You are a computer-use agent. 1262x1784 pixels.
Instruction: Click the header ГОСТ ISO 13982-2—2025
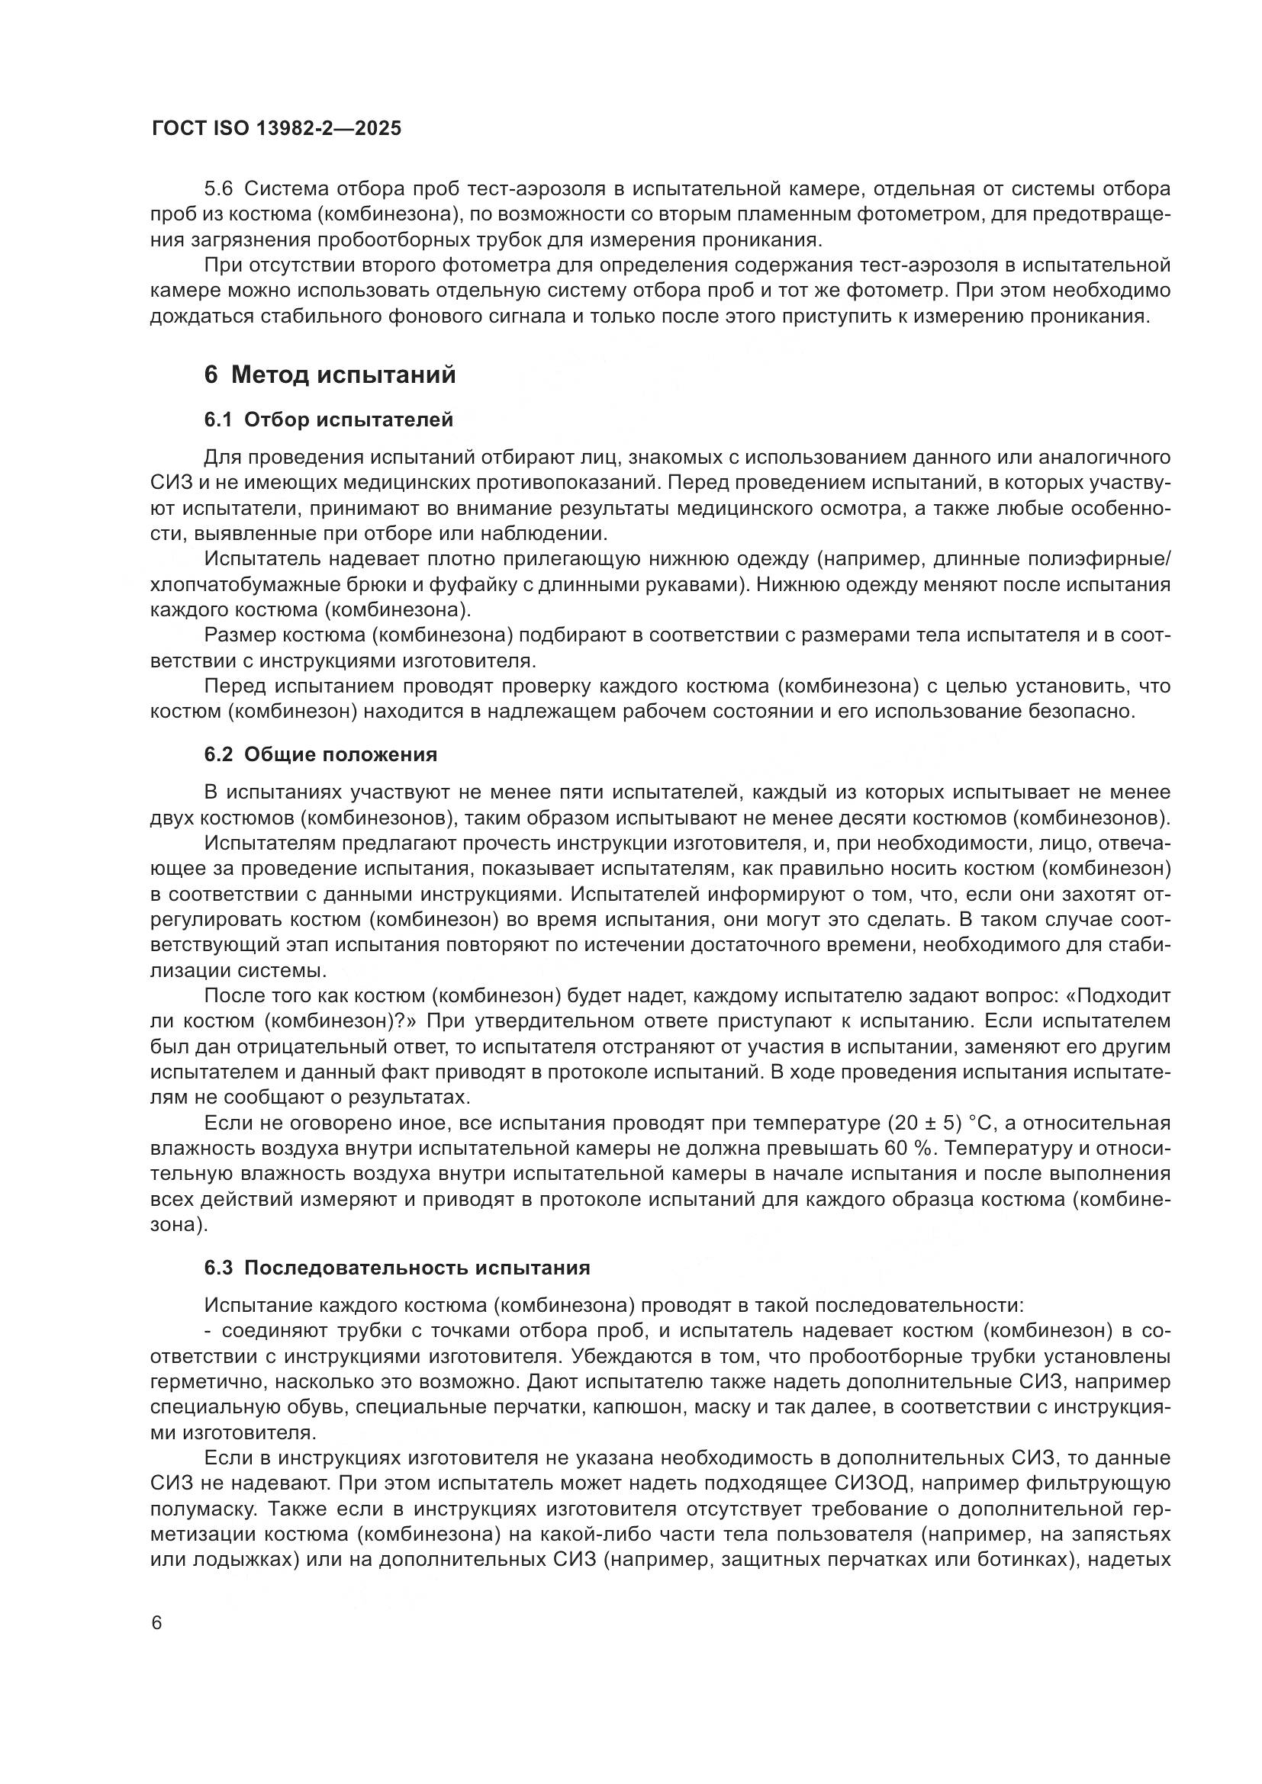point(277,129)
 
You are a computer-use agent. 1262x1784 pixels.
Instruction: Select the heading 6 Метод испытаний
point(330,375)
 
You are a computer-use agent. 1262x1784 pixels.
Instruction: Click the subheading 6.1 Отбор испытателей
point(329,420)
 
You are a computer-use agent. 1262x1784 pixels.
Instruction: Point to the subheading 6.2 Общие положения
point(321,754)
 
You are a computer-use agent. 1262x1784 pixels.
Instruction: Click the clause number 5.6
point(218,189)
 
